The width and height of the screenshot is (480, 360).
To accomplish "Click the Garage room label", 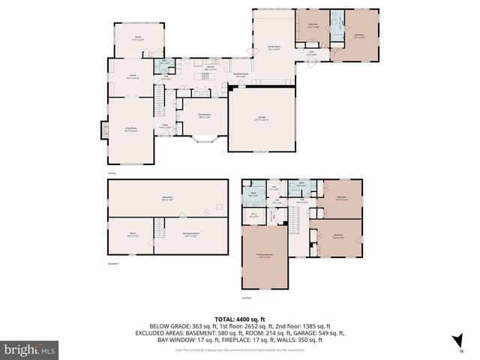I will click(x=262, y=118).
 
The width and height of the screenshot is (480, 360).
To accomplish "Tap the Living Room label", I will click(x=130, y=130).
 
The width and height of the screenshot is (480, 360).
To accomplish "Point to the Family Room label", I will click(x=274, y=48).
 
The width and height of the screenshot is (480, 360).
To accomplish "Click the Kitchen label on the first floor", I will click(x=200, y=68).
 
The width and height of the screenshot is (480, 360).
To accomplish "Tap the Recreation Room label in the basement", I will click(x=190, y=234).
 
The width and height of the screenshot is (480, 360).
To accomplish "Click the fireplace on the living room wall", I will click(x=96, y=130).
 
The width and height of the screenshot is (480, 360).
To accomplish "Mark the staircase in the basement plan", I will click(x=158, y=227).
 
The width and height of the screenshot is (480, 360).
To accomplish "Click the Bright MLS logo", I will click(x=30, y=349).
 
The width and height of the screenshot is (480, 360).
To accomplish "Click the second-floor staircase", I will click(x=295, y=220).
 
